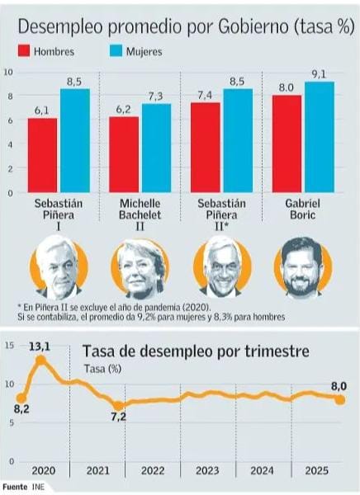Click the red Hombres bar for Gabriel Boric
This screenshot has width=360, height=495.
point(287,144)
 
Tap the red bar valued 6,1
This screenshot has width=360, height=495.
point(43,155)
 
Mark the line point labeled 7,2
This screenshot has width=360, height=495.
point(118,405)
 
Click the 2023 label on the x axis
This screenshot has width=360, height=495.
point(206,470)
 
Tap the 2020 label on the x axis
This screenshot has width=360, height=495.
point(43,470)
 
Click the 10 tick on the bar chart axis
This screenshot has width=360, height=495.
point(8,72)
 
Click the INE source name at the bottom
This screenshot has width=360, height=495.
point(37,488)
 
